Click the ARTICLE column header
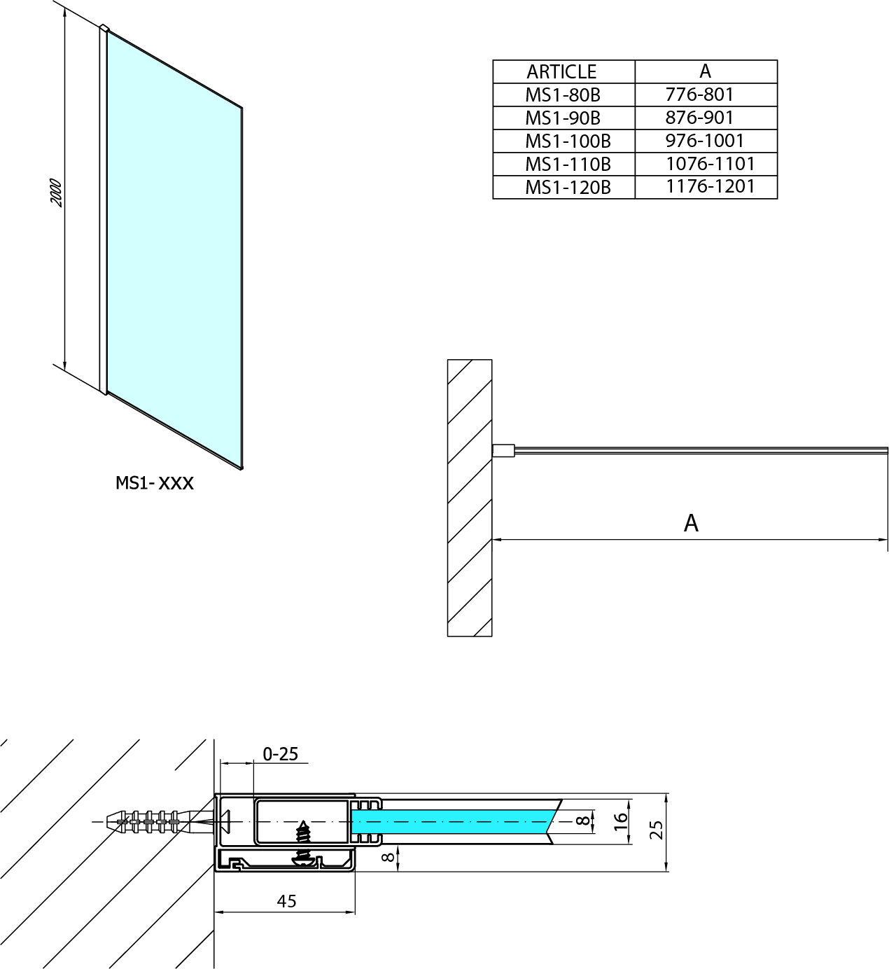tap(561, 72)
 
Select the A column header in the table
tap(706, 71)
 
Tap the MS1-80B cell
tap(563, 95)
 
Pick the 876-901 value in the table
tap(699, 118)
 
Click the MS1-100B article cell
tap(568, 141)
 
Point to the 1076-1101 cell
tap(710, 164)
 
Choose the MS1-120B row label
tap(568, 187)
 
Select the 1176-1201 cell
tap(710, 186)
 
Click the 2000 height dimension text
tap(57, 193)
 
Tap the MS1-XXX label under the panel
tap(155, 483)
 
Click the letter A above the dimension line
tap(692, 523)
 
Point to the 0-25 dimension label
tap(280, 753)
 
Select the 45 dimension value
tap(286, 901)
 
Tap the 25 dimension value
tap(657, 830)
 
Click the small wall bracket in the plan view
tap(503, 450)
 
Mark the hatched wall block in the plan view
tap(470, 498)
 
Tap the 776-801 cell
tap(699, 95)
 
